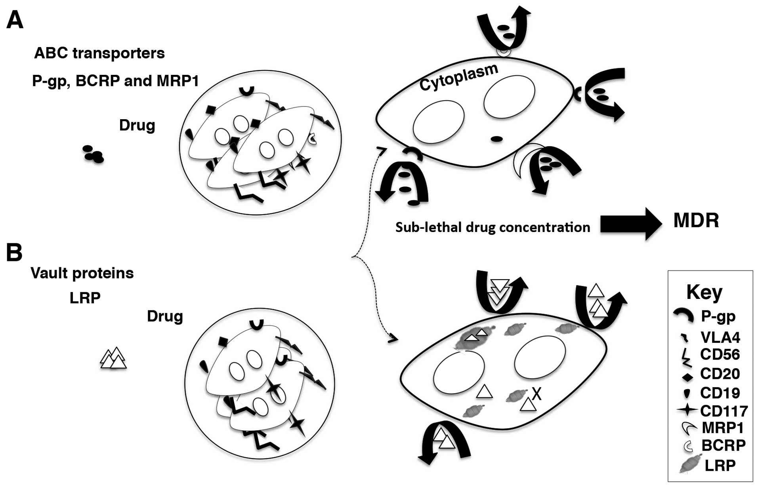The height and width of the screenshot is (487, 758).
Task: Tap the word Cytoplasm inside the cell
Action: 458,77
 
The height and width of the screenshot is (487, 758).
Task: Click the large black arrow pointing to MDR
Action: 630,224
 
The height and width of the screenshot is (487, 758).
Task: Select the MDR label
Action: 696,221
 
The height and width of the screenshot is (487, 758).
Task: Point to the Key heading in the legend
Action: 704,293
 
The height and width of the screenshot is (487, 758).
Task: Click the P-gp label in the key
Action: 718,316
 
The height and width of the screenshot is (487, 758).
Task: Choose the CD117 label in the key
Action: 724,411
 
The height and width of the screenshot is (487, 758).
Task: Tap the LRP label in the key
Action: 720,465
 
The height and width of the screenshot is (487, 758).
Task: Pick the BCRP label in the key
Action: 723,445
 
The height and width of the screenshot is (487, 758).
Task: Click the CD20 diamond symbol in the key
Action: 687,377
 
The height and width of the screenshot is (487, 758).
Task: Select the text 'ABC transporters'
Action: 99,53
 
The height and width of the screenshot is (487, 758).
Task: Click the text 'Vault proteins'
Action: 82,273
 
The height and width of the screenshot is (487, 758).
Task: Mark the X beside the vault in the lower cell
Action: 537,394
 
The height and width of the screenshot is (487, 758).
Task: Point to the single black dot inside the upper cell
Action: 496,139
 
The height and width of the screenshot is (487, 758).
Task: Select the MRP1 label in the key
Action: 722,428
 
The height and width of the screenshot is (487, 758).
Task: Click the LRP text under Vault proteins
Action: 85,298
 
